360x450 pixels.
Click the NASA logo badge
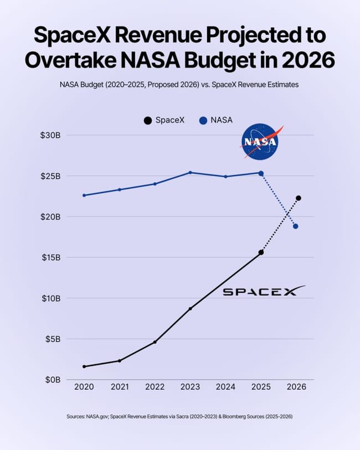259,142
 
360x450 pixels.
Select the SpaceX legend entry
164,120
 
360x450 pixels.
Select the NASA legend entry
216,120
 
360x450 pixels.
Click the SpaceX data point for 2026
299,198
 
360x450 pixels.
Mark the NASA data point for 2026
296,226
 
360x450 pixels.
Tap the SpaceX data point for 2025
261,252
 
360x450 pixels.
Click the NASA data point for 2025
261,173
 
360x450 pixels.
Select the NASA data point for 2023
190,173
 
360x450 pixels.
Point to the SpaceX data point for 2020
84,366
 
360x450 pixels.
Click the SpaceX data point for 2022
155,342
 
